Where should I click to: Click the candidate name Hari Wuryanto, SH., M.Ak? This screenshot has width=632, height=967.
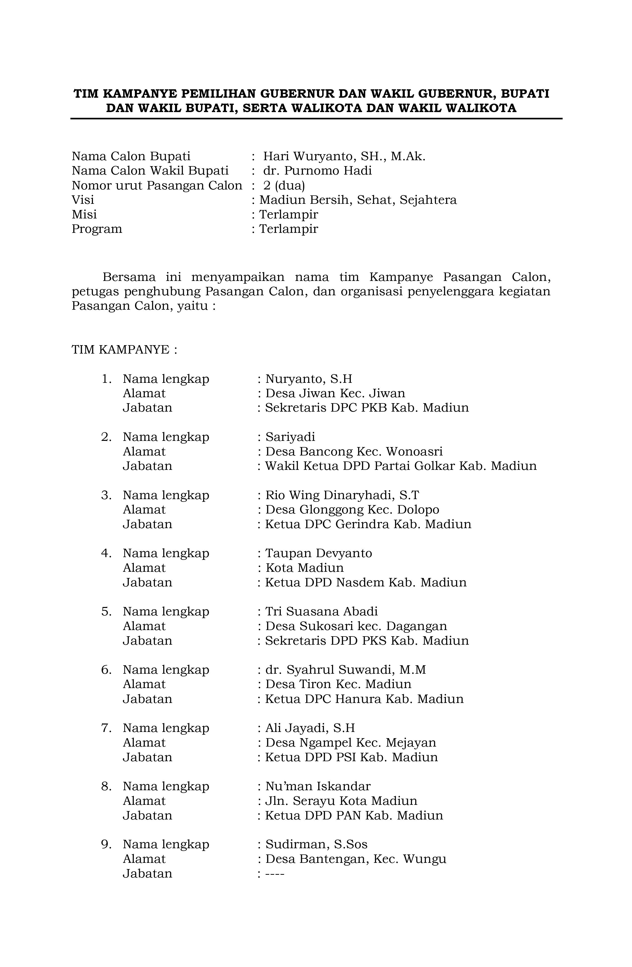click(x=344, y=156)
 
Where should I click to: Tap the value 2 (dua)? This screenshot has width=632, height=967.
click(x=284, y=186)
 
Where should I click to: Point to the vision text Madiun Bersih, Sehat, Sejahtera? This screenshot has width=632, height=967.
click(x=358, y=200)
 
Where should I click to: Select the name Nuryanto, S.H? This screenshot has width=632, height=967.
click(x=309, y=379)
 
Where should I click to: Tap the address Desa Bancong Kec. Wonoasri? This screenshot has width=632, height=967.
click(x=354, y=452)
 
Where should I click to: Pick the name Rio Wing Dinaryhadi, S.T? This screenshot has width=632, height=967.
click(x=342, y=495)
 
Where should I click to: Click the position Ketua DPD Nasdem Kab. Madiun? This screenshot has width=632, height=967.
click(x=366, y=583)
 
